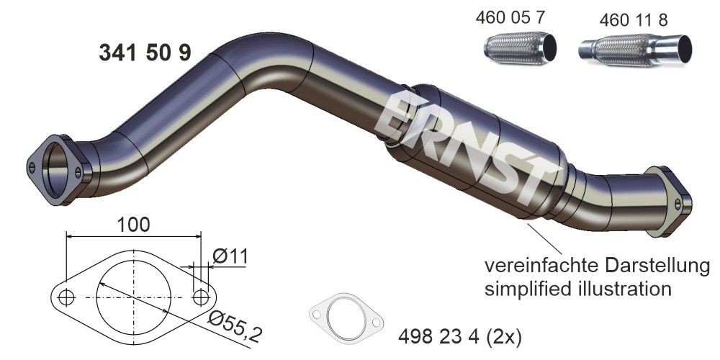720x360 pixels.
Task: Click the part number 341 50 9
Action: [143, 53]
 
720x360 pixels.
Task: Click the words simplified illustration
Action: [578, 290]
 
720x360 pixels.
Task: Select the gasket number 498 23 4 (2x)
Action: [459, 336]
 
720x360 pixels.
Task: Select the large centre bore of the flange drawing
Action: [133, 296]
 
